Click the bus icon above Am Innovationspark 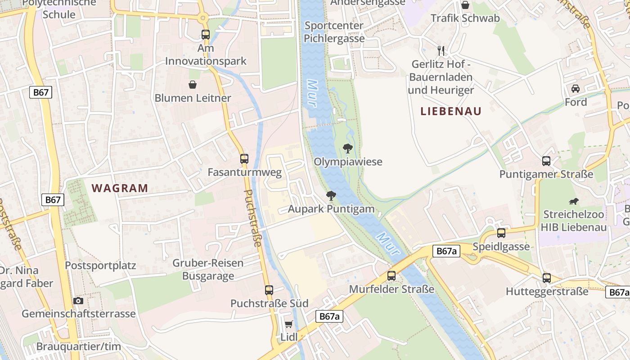tap(206, 34)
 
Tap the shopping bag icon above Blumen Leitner tap(193, 85)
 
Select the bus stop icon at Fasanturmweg tap(244, 158)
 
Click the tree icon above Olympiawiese tap(347, 148)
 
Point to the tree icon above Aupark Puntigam tap(331, 195)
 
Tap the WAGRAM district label tap(120, 188)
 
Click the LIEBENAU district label tap(451, 111)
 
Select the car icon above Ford tap(576, 88)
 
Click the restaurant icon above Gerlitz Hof tap(441, 50)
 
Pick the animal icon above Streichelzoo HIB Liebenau tap(573, 201)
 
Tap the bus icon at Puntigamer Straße tap(546, 161)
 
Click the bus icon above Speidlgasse tap(501, 233)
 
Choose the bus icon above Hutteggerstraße tap(547, 278)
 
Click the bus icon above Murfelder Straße tap(391, 275)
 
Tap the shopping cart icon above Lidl tap(289, 324)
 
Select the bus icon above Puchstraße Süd tap(269, 290)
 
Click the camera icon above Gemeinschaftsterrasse tap(78, 301)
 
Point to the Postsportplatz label tap(100, 265)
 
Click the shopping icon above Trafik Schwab tap(465, 5)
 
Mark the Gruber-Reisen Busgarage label tap(208, 269)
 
